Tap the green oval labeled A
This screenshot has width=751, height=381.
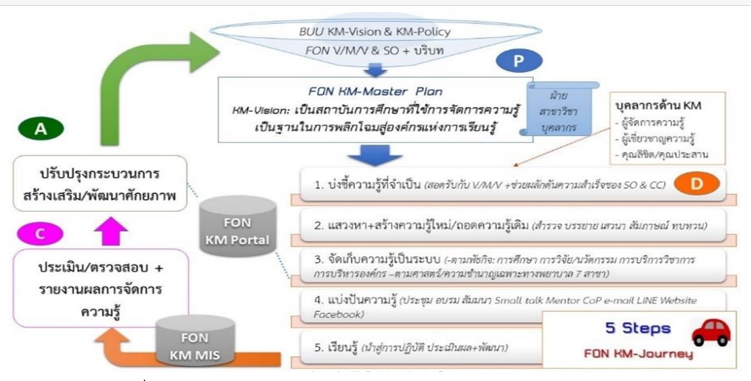tap(41, 128)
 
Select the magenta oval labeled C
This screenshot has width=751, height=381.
tap(41, 233)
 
